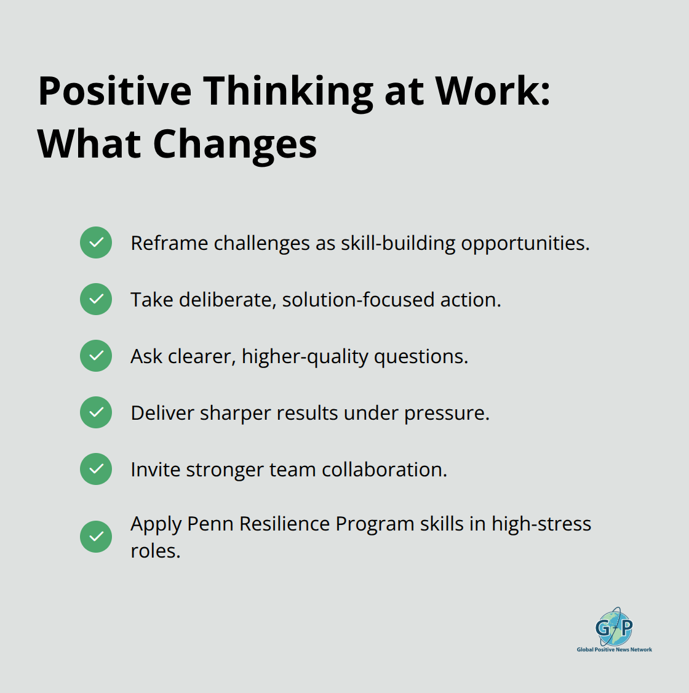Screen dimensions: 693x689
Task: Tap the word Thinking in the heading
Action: click(x=289, y=91)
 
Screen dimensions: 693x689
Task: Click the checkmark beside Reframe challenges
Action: click(x=96, y=242)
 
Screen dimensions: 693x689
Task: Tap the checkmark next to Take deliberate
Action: click(x=96, y=299)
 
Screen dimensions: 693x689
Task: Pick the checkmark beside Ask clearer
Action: click(x=96, y=356)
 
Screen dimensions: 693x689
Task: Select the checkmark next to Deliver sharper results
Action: click(x=96, y=412)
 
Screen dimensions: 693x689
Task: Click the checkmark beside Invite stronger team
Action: click(x=96, y=469)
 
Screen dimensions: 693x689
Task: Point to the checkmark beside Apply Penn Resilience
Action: click(x=96, y=537)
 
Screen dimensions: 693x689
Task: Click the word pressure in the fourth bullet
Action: click(x=446, y=413)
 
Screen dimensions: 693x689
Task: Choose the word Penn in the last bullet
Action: click(x=210, y=524)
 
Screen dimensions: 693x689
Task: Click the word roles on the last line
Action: click(x=155, y=551)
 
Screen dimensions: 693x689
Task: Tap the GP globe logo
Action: click(x=614, y=627)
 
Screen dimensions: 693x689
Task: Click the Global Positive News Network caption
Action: click(x=614, y=649)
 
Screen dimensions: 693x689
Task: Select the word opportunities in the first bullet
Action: click(x=525, y=243)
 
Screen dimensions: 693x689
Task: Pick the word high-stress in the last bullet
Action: click(x=541, y=524)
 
